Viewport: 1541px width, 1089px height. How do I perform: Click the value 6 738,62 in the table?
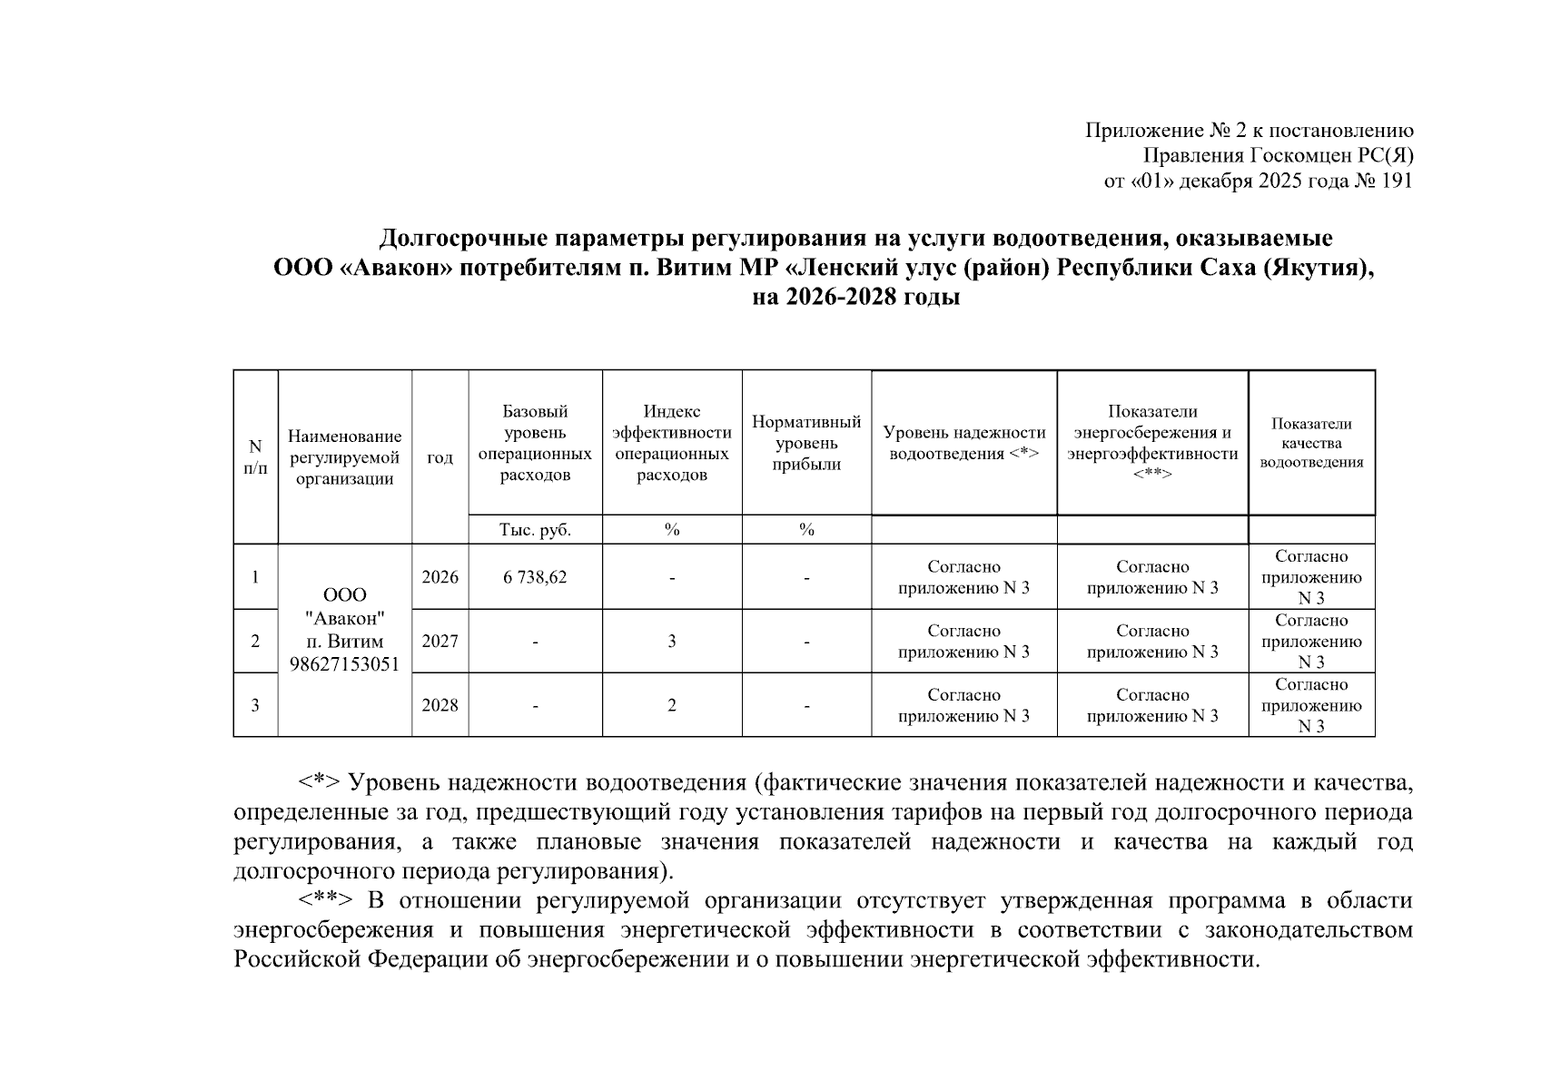click(535, 577)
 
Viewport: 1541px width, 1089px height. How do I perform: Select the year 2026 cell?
click(440, 577)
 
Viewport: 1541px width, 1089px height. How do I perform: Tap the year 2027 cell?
click(440, 642)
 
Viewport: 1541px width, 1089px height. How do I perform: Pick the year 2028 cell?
click(440, 705)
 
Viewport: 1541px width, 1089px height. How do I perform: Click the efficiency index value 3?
click(672, 642)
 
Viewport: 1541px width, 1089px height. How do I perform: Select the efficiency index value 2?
click(672, 705)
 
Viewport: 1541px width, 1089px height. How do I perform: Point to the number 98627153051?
click(345, 663)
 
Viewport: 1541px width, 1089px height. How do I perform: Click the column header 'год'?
click(440, 458)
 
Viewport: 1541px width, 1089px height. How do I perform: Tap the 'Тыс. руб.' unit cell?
click(535, 530)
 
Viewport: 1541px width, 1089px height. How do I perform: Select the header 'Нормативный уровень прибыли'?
click(806, 443)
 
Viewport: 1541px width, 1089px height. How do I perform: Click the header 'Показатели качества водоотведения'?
click(1311, 443)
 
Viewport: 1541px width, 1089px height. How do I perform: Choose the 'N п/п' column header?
click(255, 456)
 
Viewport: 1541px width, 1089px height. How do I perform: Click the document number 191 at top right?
click(1396, 181)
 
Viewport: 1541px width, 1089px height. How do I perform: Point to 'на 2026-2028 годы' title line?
click(856, 297)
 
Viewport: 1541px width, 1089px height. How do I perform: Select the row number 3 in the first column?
click(255, 705)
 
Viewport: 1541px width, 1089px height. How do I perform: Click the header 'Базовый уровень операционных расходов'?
click(535, 443)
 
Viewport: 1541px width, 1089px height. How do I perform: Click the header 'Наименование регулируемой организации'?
click(345, 458)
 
